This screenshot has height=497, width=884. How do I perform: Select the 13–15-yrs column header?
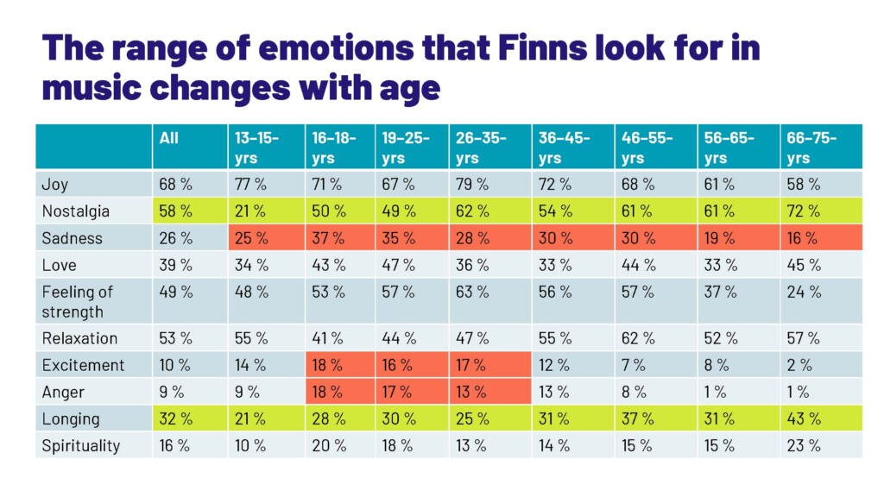[256, 148]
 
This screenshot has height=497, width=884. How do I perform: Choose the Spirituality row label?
[80, 446]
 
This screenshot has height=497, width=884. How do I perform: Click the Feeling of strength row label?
[78, 301]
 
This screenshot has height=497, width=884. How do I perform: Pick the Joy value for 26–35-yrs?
[472, 184]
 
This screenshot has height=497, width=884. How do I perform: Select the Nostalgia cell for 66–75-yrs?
[804, 211]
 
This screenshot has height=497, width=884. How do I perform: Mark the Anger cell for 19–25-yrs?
[398, 392]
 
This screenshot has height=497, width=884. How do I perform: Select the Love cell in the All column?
[176, 265]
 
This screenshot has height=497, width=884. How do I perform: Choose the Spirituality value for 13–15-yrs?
[251, 446]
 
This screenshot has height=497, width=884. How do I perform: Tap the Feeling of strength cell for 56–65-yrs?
[720, 292]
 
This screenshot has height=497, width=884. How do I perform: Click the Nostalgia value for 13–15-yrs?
[251, 211]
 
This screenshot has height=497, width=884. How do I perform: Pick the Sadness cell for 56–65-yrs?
[720, 237]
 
